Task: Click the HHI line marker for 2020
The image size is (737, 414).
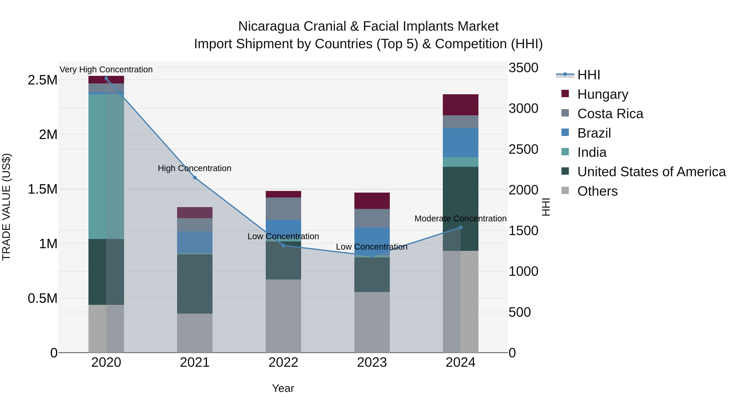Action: [106, 78]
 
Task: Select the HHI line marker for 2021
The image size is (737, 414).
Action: [195, 177]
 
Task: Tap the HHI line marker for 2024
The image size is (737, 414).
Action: [460, 227]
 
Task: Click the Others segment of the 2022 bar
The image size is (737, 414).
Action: [283, 316]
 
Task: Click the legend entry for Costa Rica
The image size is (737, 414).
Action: [610, 114]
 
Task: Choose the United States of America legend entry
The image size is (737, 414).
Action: [651, 172]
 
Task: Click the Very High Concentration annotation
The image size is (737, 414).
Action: [106, 70]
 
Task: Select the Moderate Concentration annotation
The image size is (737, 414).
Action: [460, 219]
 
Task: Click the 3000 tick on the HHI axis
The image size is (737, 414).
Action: [523, 109]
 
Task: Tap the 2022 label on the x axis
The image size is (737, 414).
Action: [283, 362]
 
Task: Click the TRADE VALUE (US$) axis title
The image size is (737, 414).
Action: [6, 207]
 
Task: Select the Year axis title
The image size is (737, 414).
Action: [283, 388]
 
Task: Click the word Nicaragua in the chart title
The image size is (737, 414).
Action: [269, 26]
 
